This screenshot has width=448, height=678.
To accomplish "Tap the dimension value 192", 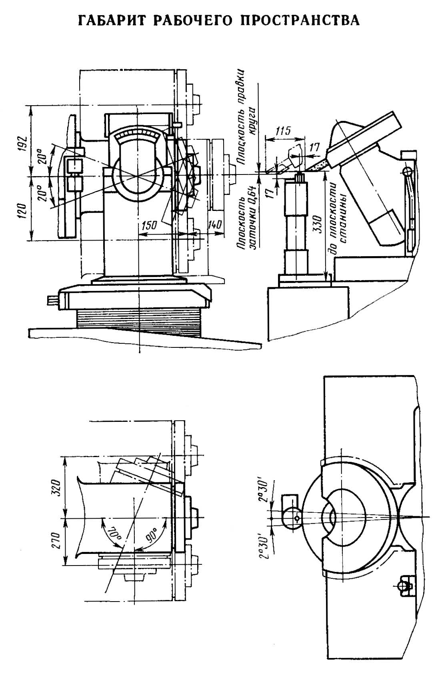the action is [24, 143].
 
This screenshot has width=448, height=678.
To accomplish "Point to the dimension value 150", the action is [150, 225].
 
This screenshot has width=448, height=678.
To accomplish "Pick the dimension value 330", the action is [318, 224].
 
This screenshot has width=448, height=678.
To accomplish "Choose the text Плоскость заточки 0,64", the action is [246, 217].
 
